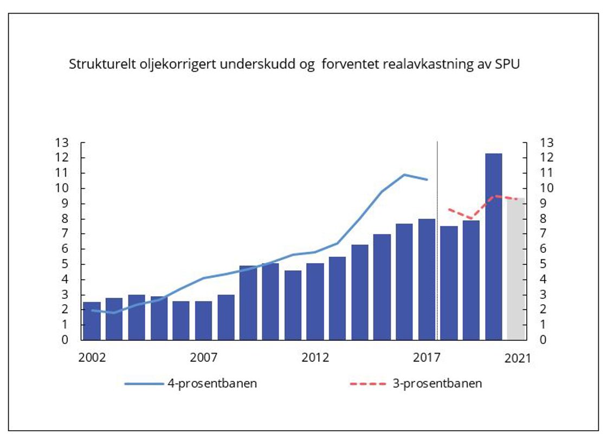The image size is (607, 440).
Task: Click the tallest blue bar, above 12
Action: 494,247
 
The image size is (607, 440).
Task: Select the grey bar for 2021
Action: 516,269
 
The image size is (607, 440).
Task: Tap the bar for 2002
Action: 92,321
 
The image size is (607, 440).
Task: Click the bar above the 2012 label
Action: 315,302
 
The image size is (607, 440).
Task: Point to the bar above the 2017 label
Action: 427,279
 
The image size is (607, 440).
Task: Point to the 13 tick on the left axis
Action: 62,143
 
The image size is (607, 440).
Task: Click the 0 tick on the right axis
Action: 542,340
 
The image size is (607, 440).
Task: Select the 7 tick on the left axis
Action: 65,234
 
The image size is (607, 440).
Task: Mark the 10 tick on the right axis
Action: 545,188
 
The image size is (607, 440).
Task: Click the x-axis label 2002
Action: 92,358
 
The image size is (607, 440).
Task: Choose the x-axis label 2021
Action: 518,358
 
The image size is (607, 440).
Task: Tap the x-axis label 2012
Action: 315,358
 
